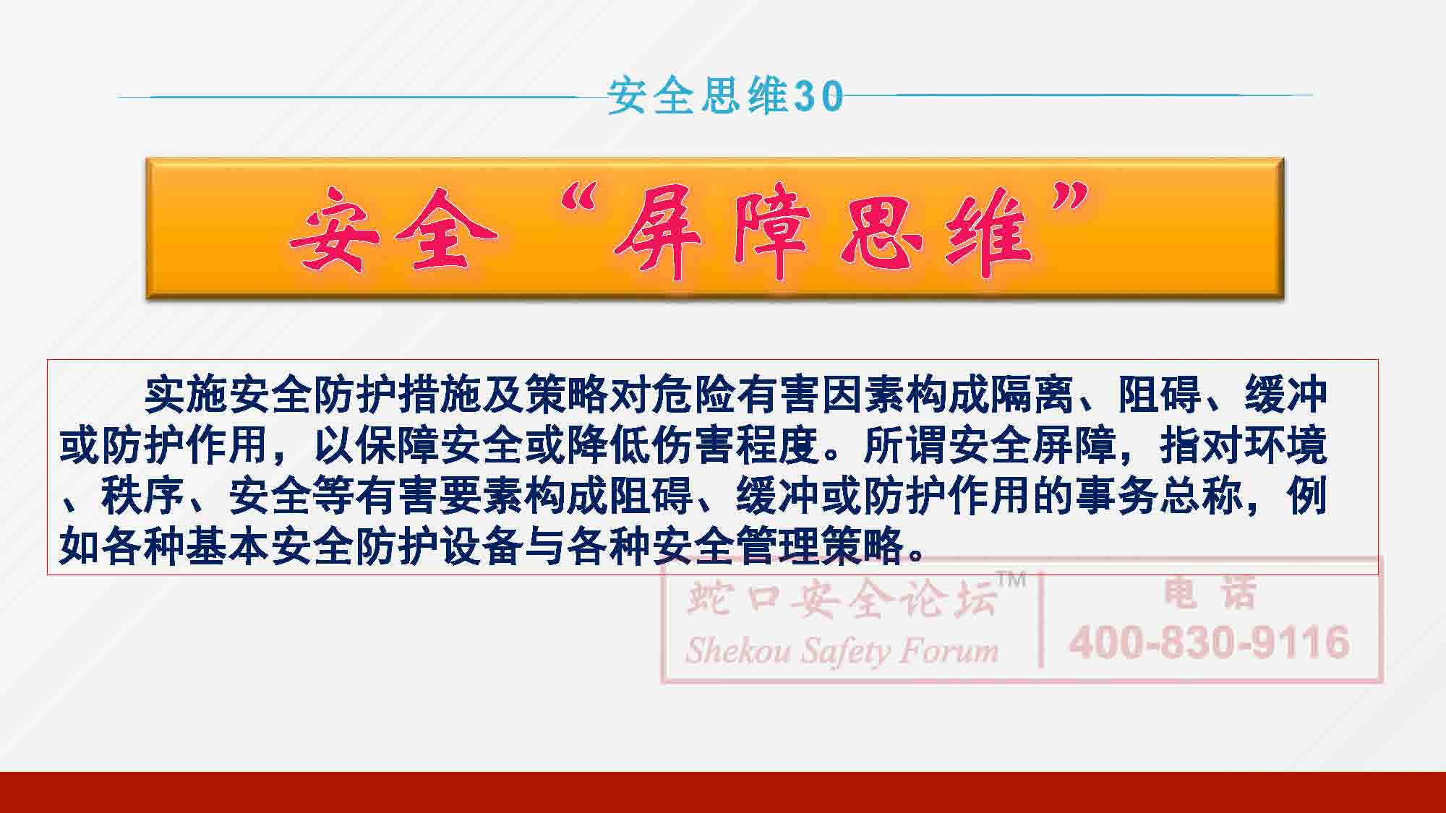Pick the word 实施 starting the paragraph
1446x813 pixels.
186,395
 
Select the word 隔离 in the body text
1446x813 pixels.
1032,395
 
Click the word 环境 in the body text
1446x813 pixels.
1285,446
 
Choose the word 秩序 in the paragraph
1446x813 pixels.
143,496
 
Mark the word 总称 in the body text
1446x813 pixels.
1202,496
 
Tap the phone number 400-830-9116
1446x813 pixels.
1210,642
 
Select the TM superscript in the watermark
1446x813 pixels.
1011,579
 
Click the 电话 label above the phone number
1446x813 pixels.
1210,594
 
